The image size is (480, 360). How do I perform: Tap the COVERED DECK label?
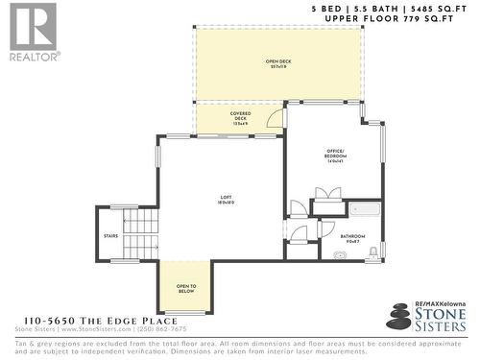pos(240,117)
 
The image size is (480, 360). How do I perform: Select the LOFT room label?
pos(225,199)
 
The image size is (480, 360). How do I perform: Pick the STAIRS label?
pos(110,233)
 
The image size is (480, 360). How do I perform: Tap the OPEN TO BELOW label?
pos(186,288)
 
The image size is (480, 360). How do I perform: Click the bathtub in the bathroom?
pos(365,208)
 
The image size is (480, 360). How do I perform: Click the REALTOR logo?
pos(32,32)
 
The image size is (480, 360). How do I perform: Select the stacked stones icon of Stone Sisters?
pos(399,316)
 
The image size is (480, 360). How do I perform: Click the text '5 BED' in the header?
pos(326,8)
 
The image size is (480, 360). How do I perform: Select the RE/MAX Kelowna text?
pos(439,304)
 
